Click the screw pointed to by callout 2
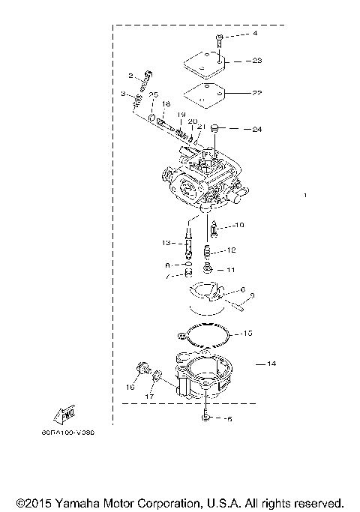[x=148, y=76]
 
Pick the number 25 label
[x=153, y=94]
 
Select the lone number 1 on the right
[x=305, y=196]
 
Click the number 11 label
[x=231, y=270]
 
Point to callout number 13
[x=166, y=242]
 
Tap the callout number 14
[x=271, y=364]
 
